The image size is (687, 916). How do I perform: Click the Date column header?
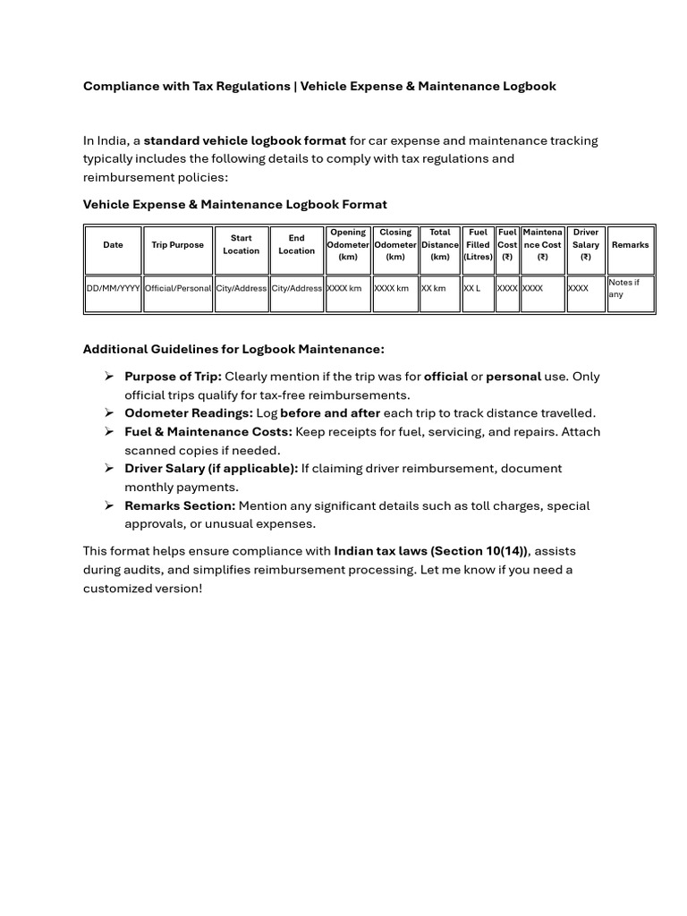pyautogui.click(x=113, y=245)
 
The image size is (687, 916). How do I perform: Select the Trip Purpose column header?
pyautogui.click(x=177, y=245)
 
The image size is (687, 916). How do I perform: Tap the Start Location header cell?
pyautogui.click(x=242, y=245)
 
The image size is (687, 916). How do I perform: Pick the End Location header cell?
pyautogui.click(x=296, y=245)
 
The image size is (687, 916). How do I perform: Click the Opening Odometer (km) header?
pyautogui.click(x=348, y=245)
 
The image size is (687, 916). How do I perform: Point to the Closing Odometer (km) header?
pyautogui.click(x=394, y=245)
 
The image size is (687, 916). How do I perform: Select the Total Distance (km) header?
pyautogui.click(x=440, y=245)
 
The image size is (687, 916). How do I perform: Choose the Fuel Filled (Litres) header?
pyautogui.click(x=478, y=245)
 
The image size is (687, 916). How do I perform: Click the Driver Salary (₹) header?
pyautogui.click(x=586, y=245)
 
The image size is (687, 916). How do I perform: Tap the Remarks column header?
pyautogui.click(x=631, y=245)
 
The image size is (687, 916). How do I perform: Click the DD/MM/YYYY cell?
pyautogui.click(x=113, y=289)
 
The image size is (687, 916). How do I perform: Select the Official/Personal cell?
pyautogui.click(x=177, y=289)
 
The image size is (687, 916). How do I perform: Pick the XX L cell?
pyautogui.click(x=472, y=289)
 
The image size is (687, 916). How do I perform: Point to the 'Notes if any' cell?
pyautogui.click(x=624, y=288)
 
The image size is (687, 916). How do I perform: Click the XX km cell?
pyautogui.click(x=434, y=289)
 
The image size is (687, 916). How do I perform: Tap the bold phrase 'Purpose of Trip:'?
pyautogui.click(x=173, y=377)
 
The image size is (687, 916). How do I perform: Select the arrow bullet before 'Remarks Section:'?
pyautogui.click(x=108, y=505)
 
